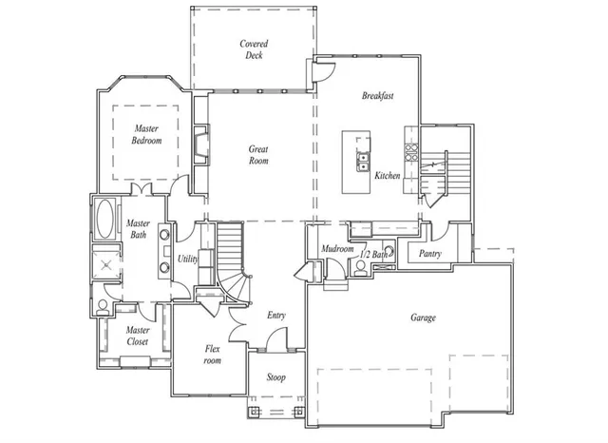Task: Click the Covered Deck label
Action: coord(254,49)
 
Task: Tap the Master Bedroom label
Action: coord(146,134)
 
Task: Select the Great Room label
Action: coord(258,155)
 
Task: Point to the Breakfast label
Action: coord(377,96)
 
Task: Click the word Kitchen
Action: coord(387,176)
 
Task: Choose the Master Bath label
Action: coord(138,229)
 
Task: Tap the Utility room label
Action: coord(187,259)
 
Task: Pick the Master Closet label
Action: coord(138,336)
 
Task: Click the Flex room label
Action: coord(213,355)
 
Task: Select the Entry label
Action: coord(276,316)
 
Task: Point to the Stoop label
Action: coord(275,377)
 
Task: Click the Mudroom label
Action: coord(337,249)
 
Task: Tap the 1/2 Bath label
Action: coord(373,254)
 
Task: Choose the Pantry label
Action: coord(429,254)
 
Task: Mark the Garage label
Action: coord(424,318)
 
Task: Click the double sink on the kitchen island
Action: coord(363,159)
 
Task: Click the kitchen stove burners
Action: coord(411,149)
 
